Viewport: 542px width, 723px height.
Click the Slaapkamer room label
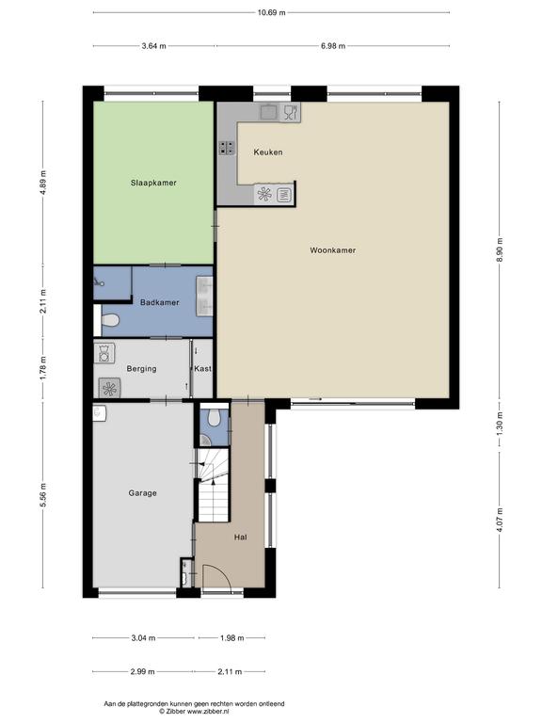point(153,183)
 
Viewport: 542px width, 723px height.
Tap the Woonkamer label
point(333,250)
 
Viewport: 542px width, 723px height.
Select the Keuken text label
point(268,153)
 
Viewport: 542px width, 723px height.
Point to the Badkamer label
point(159,302)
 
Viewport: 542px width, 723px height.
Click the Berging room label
point(141,369)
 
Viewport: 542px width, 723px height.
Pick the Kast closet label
point(203,369)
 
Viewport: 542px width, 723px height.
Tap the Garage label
point(142,493)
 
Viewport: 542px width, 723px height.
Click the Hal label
point(241,538)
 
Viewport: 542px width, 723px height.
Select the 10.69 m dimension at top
point(271,12)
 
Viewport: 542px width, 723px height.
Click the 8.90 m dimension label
point(500,249)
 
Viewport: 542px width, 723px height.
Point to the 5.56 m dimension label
point(43,495)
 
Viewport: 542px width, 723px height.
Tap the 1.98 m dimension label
point(231,638)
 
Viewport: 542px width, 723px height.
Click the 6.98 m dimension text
point(333,46)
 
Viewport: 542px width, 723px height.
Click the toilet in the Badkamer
point(111,319)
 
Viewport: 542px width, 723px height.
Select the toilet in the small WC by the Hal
point(214,417)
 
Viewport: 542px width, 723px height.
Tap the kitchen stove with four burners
point(226,148)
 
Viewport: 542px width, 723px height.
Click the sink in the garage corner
point(100,413)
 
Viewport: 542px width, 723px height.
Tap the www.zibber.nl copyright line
point(194,712)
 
